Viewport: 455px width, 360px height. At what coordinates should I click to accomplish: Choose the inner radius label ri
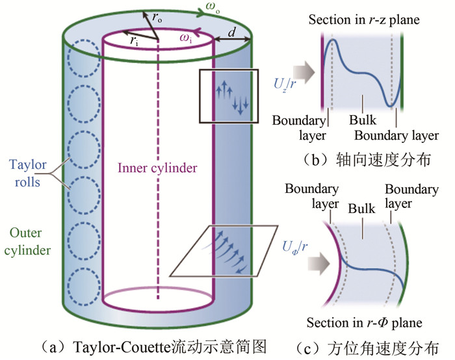133,40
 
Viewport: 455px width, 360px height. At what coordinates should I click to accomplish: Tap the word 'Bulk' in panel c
362,211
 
